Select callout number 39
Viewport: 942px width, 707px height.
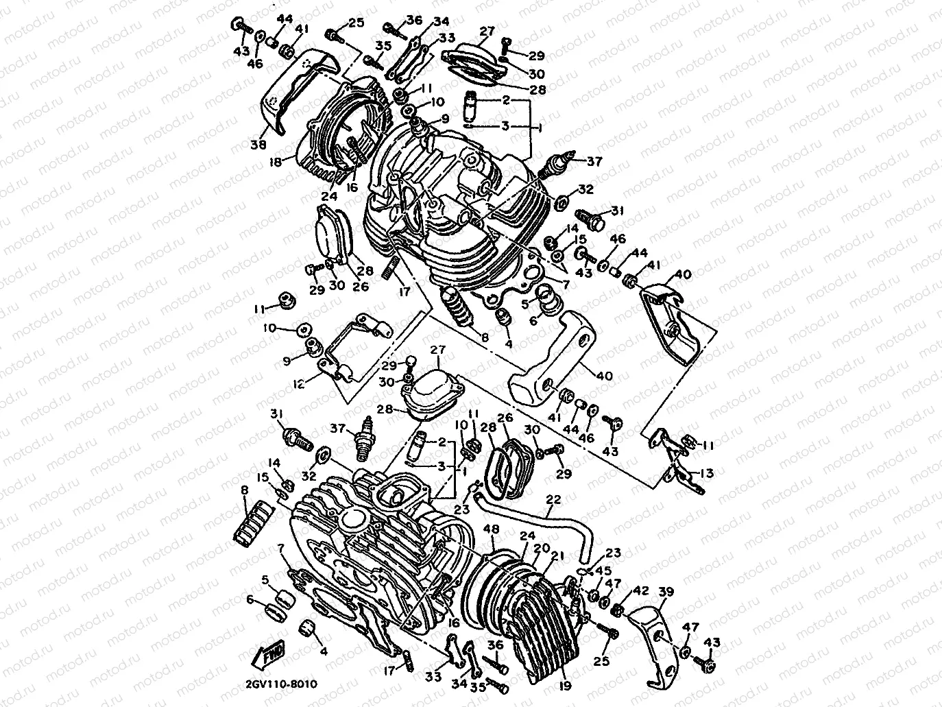pos(666,592)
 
